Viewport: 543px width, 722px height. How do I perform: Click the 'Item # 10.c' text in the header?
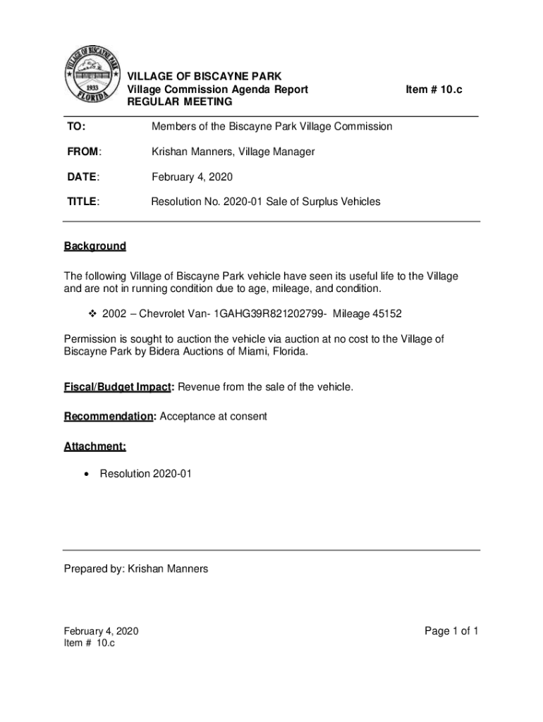(439, 90)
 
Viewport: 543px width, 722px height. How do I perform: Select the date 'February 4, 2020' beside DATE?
(192, 176)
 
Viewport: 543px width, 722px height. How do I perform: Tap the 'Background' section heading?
(95, 246)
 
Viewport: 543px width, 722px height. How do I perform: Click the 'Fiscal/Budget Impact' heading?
(119, 387)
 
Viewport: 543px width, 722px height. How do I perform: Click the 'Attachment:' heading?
(95, 446)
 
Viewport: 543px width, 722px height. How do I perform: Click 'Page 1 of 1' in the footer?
(451, 631)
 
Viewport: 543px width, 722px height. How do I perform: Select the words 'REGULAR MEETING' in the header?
(179, 102)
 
